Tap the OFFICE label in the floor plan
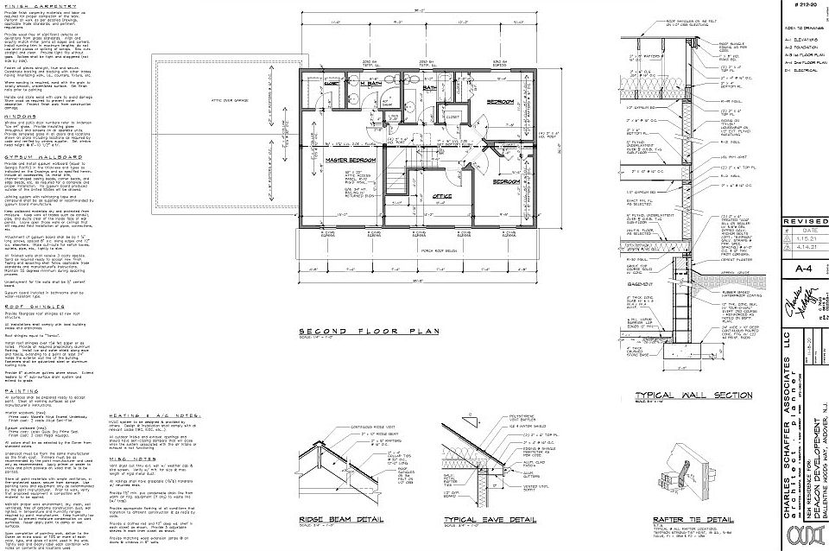point(441,196)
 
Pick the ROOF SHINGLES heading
point(31,305)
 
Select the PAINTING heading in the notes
point(22,389)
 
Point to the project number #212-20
point(804,6)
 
